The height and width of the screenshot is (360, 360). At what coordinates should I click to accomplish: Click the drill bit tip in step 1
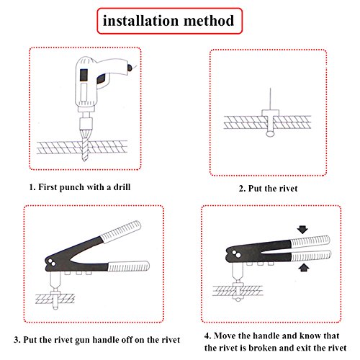coord(85,159)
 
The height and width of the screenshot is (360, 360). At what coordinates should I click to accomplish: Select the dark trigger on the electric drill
coord(102,78)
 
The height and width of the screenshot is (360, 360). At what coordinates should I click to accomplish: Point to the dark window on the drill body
coord(84,75)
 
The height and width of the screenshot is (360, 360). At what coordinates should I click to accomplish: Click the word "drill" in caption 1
coord(122,187)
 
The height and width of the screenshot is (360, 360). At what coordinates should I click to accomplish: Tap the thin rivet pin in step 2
coord(270,99)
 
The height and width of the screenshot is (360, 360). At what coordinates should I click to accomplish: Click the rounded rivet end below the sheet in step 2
coord(270,134)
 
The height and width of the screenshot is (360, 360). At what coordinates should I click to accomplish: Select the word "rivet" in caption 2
coord(288,189)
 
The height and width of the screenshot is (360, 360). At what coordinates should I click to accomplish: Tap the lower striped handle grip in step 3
coord(128,266)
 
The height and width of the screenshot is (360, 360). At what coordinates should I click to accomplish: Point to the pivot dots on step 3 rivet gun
coord(52,263)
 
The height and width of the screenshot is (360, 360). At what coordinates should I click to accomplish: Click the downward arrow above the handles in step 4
coord(302,230)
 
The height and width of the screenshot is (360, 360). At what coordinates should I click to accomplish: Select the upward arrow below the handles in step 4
coord(304,267)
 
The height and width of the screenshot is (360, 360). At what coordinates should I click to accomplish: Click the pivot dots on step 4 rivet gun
coord(236,254)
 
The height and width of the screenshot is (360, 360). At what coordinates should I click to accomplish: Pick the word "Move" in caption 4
coord(225,336)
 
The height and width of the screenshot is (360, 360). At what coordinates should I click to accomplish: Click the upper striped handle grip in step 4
coord(310,241)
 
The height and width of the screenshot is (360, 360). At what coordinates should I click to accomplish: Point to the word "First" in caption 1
coord(48,187)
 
